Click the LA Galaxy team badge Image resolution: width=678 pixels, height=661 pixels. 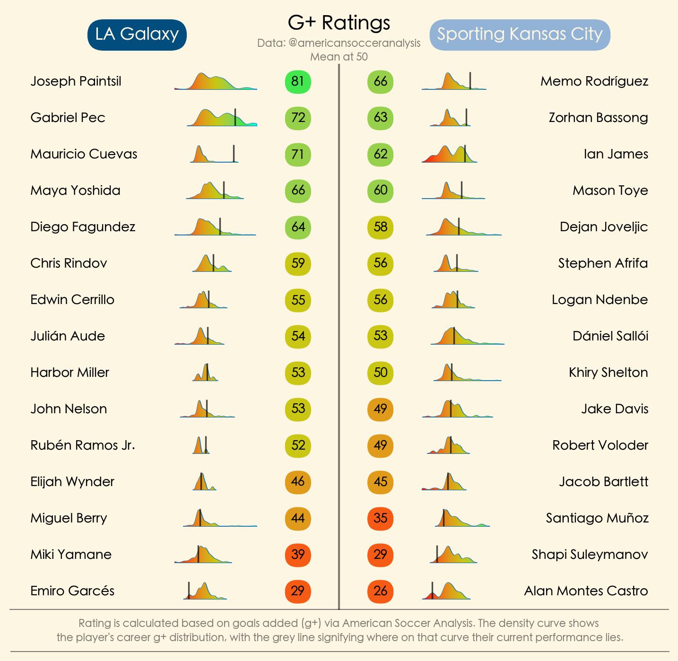pyautogui.click(x=137, y=35)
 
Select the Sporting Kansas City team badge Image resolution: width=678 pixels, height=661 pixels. pyautogui.click(x=520, y=35)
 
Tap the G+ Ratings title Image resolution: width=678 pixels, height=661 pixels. pyautogui.click(x=339, y=23)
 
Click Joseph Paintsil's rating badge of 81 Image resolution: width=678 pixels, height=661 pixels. pyautogui.click(x=298, y=81)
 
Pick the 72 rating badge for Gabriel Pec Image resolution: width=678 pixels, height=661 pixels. pyautogui.click(x=298, y=118)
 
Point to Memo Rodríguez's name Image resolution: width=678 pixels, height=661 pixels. pyautogui.click(x=594, y=81)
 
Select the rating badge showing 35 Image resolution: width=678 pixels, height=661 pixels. pyautogui.click(x=380, y=518)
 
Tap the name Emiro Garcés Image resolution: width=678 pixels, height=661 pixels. pyautogui.click(x=72, y=591)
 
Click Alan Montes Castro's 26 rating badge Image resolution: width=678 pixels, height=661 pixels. pyautogui.click(x=380, y=591)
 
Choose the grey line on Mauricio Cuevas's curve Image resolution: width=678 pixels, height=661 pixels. pyautogui.click(x=234, y=154)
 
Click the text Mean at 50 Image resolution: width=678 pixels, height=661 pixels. pyautogui.click(x=339, y=57)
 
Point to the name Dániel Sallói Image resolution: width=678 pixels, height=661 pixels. pyautogui.click(x=610, y=336)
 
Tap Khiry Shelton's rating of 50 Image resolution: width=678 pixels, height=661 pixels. pyautogui.click(x=380, y=373)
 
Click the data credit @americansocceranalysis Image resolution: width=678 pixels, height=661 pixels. pyautogui.click(x=339, y=43)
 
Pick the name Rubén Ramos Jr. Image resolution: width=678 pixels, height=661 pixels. pyautogui.click(x=83, y=445)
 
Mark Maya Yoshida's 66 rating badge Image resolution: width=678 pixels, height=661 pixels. pyautogui.click(x=298, y=191)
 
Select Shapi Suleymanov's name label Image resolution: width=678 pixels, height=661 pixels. pyautogui.click(x=590, y=555)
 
